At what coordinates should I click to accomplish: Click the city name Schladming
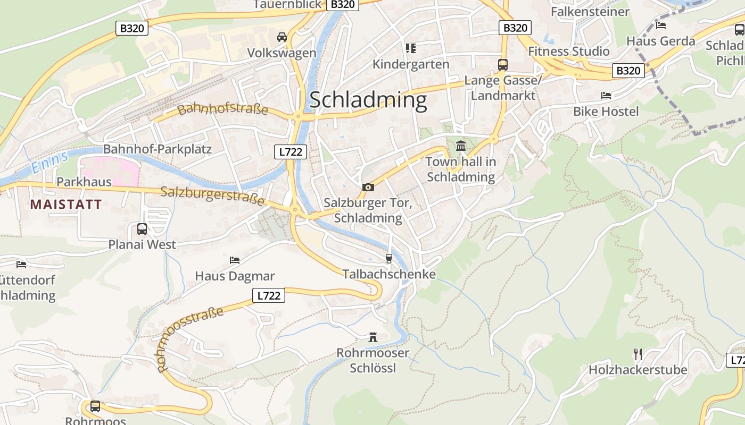point(368,100)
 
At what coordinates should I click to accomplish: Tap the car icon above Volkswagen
point(282,37)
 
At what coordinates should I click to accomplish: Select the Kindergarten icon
point(410,48)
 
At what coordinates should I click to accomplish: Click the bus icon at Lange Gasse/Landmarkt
point(502,64)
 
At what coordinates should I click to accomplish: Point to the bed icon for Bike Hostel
point(606,96)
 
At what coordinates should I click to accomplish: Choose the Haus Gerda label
point(660,41)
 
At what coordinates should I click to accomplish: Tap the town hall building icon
point(461,146)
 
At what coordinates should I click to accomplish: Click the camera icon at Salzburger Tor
point(368,187)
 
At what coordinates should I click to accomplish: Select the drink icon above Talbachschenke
point(388,259)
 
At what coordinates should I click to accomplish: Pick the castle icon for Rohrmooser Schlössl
point(373,337)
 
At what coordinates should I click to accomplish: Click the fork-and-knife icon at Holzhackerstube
point(638,354)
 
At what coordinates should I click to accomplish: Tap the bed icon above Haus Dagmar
point(235,260)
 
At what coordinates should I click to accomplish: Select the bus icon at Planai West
point(142,229)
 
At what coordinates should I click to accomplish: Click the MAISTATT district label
point(66,205)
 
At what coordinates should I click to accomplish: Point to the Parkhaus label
point(84,182)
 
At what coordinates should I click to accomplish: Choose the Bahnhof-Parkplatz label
point(158,149)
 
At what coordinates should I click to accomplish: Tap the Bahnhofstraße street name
point(222,109)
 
